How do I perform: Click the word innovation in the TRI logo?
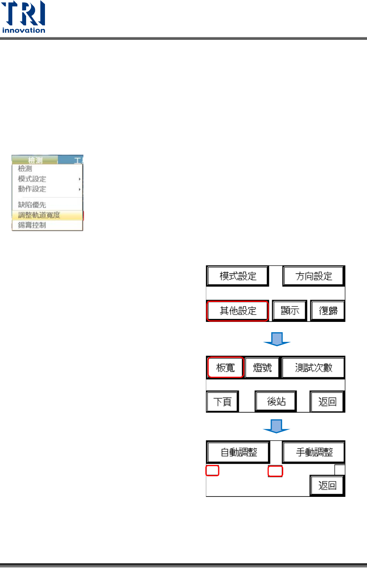23,30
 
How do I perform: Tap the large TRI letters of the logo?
23,13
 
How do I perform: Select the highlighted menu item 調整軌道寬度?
39,215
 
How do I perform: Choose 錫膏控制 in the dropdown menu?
32,225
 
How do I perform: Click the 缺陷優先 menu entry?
32,205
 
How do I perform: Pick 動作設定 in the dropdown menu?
32,189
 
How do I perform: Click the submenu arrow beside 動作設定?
80,189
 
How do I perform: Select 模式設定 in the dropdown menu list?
32,179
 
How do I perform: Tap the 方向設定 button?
314,276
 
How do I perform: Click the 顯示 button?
290,310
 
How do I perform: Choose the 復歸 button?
328,310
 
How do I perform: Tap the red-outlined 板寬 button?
226,368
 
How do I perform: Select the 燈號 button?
262,368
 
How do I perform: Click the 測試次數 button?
313,368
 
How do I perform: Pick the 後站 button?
276,401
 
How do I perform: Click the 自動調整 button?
239,452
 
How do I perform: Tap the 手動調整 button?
314,452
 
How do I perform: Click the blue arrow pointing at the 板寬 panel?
277,339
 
